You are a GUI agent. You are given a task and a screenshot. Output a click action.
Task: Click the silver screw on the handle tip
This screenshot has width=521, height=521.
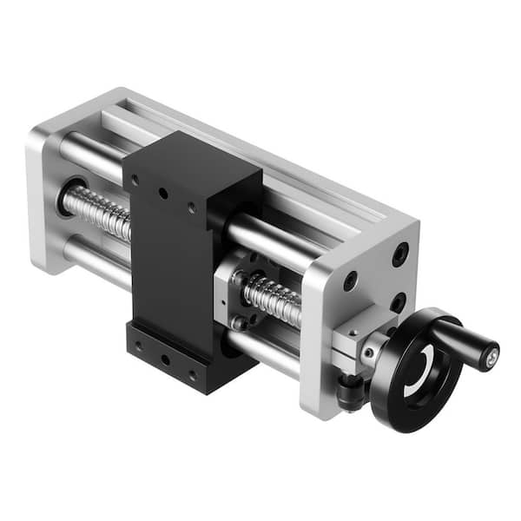click(x=492, y=353)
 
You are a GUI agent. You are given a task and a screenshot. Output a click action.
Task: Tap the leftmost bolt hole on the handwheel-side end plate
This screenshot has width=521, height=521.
click(x=350, y=281)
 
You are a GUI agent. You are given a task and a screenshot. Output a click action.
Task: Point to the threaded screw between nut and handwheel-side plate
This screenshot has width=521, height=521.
click(x=274, y=300)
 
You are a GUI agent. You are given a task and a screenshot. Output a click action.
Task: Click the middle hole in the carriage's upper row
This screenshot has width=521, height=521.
click(x=162, y=194)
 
